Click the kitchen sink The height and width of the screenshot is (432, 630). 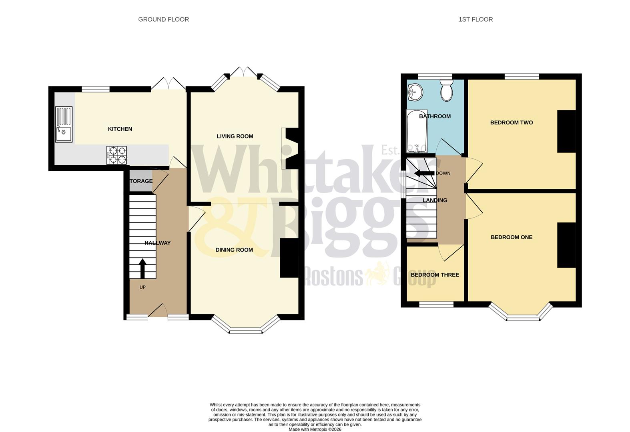pyautogui.click(x=64, y=124)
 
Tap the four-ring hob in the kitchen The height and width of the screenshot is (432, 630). pyautogui.click(x=116, y=155)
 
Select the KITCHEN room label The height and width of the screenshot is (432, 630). pyautogui.click(x=120, y=129)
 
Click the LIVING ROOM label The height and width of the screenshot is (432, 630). pyautogui.click(x=235, y=136)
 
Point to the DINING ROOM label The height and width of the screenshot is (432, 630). pyautogui.click(x=234, y=250)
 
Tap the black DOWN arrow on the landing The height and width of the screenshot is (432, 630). pyautogui.click(x=424, y=173)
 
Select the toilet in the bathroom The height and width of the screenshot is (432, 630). pyautogui.click(x=446, y=90)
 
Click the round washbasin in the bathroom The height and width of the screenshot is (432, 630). pyautogui.click(x=415, y=93)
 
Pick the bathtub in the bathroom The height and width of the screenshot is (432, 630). pyautogui.click(x=417, y=131)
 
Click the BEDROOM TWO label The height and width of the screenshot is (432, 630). pyautogui.click(x=512, y=122)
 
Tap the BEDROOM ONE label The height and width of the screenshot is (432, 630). pyautogui.click(x=512, y=237)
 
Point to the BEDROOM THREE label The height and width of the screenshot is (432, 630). pyautogui.click(x=435, y=275)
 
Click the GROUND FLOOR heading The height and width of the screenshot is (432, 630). pyautogui.click(x=163, y=19)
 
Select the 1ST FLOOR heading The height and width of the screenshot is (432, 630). pyautogui.click(x=476, y=19)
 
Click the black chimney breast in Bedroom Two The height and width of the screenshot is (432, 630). pyautogui.click(x=566, y=131)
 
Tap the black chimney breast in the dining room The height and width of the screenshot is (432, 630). pyautogui.click(x=289, y=258)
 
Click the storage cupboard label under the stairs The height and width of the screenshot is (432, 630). pyautogui.click(x=141, y=181)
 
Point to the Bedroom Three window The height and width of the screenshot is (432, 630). pyautogui.click(x=436, y=304)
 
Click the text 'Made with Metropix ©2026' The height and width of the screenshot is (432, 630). pyautogui.click(x=315, y=429)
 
